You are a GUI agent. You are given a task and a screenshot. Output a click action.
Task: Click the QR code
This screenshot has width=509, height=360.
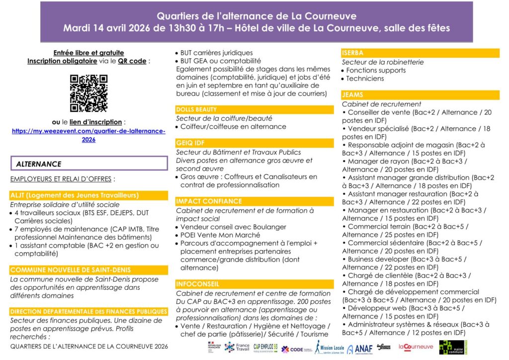pyautogui.click(x=88, y=93)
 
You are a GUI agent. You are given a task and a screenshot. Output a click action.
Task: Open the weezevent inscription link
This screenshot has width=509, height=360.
pyautogui.click(x=88, y=135)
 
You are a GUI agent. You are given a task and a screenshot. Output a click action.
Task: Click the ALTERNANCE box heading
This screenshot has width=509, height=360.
pyautogui.click(x=39, y=164)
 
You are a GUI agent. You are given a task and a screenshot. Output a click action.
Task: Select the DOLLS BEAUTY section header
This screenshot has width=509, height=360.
pyautogui.click(x=197, y=110)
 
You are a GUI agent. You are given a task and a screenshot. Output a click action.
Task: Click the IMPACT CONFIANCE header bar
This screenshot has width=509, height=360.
pyautogui.click(x=209, y=201)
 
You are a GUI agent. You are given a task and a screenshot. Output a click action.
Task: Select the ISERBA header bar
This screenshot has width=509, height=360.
pyautogui.click(x=352, y=53)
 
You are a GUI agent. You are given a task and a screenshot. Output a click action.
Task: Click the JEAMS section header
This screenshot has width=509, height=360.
pyautogui.click(x=352, y=94)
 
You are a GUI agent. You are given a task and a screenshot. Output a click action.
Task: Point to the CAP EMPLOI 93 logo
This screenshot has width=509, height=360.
pyautogui.click(x=265, y=347)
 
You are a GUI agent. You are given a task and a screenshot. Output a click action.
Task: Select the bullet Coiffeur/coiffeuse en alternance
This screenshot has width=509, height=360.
pyautogui.click(x=233, y=127)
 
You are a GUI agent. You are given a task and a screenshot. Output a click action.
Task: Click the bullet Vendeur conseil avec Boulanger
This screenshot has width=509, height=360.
pyautogui.click(x=233, y=227)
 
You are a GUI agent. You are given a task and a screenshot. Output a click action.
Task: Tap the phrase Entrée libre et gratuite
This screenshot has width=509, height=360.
pyautogui.click(x=88, y=53)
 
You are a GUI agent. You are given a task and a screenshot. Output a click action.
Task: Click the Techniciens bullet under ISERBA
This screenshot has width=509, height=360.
pyautogui.click(x=365, y=79)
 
